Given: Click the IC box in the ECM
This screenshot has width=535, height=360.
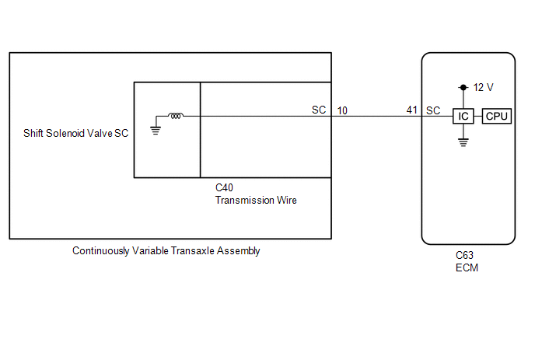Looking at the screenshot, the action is tap(463, 116).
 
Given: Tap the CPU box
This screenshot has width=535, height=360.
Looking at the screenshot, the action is tap(496, 116).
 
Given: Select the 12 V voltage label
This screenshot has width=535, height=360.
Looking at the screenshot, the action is tap(483, 88).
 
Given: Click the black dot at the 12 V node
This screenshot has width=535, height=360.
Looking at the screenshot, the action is tap(463, 87).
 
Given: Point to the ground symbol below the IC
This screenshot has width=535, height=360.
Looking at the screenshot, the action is tap(463, 142).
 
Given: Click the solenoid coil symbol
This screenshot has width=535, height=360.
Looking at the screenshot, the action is tap(176, 116).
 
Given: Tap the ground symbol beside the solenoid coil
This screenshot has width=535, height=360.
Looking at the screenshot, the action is tap(156, 131).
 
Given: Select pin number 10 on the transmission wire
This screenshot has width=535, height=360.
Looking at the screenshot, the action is tap(342, 110).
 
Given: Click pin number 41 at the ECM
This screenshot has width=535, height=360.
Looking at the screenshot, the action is tap(412, 110).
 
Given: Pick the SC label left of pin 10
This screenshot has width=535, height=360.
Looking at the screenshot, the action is tap(319, 110).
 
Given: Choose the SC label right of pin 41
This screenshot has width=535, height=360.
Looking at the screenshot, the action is tap(433, 110).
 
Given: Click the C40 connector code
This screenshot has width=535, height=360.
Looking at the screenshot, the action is tap(224, 187).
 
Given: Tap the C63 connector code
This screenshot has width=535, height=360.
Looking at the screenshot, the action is tap(464, 255).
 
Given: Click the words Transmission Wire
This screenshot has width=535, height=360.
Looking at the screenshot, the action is tap(256, 200).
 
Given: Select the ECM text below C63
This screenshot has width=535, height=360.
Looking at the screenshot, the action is tap(467, 267).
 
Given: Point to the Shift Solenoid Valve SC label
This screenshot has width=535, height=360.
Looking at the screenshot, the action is tap(75, 133).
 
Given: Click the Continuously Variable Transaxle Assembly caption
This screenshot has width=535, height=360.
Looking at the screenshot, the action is tap(166, 251).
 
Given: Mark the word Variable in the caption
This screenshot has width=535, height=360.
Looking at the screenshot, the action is tap(151, 250).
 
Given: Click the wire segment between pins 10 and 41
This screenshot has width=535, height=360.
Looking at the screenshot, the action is tap(376, 116).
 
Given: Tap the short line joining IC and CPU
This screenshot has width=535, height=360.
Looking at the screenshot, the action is tap(478, 116).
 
